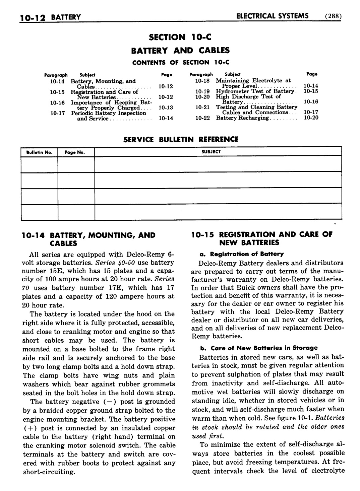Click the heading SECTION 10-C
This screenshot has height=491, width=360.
180,37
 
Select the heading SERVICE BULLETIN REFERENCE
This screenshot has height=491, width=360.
181,139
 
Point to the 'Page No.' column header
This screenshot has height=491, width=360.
75,152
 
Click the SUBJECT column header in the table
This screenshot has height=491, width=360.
211,152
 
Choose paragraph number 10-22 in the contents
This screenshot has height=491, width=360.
202,118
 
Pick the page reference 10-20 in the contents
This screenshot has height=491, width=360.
311,118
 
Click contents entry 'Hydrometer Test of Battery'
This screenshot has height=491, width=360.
256,91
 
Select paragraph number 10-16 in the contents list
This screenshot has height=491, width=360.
57,103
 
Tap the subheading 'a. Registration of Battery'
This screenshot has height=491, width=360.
241,254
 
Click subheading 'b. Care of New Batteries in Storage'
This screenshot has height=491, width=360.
258,348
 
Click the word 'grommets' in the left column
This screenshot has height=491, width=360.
159,384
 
